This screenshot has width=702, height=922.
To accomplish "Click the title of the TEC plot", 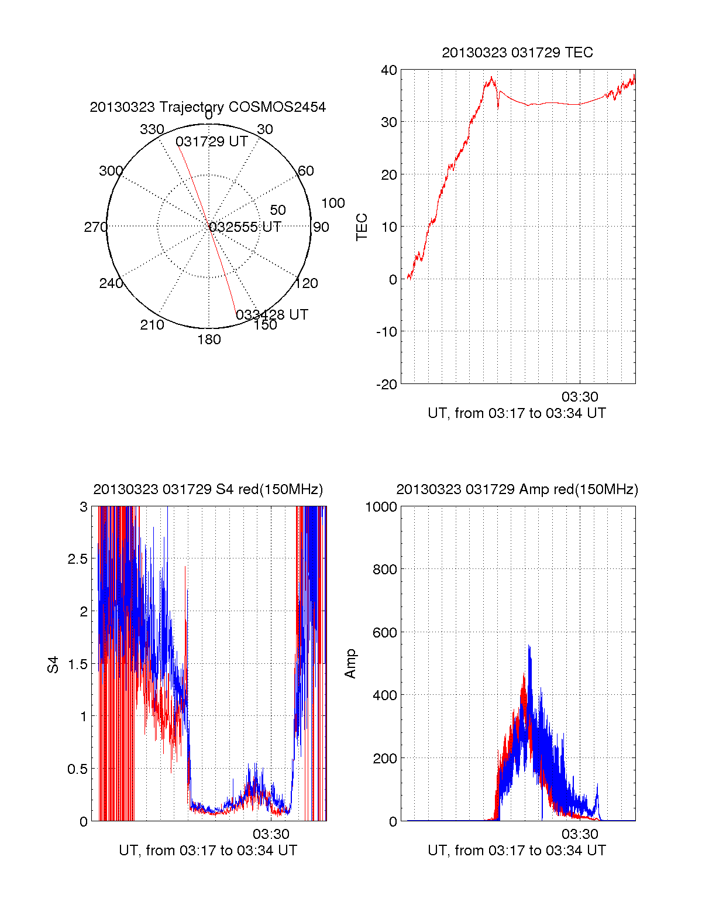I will click(x=517, y=53).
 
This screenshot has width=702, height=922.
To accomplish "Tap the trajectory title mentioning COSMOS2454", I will click(x=208, y=107).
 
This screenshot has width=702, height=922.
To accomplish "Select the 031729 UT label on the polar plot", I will click(x=211, y=142).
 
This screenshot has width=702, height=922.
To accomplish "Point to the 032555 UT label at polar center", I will click(x=245, y=227).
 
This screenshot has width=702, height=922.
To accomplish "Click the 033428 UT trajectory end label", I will click(x=272, y=315).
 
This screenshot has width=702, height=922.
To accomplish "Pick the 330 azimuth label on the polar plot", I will click(x=152, y=129).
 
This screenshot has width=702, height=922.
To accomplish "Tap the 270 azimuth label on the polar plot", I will click(x=95, y=227).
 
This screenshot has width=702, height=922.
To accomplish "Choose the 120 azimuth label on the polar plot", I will click(x=307, y=283).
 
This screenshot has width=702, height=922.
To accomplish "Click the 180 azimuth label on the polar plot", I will click(x=209, y=340).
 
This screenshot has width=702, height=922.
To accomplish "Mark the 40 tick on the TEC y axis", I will click(x=389, y=70).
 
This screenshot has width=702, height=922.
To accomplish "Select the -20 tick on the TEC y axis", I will click(x=387, y=384).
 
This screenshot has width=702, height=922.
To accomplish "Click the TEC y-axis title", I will click(x=362, y=227).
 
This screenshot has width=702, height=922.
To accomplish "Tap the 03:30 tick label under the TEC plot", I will click(x=580, y=397).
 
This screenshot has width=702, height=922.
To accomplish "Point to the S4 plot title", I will click(x=208, y=489).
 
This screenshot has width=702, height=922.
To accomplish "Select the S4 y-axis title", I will click(x=53, y=664).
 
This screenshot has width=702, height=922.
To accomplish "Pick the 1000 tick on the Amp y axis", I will click(x=381, y=507).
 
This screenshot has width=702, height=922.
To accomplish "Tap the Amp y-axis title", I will click(x=350, y=663).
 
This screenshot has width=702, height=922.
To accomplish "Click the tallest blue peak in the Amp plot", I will click(x=529, y=646).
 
